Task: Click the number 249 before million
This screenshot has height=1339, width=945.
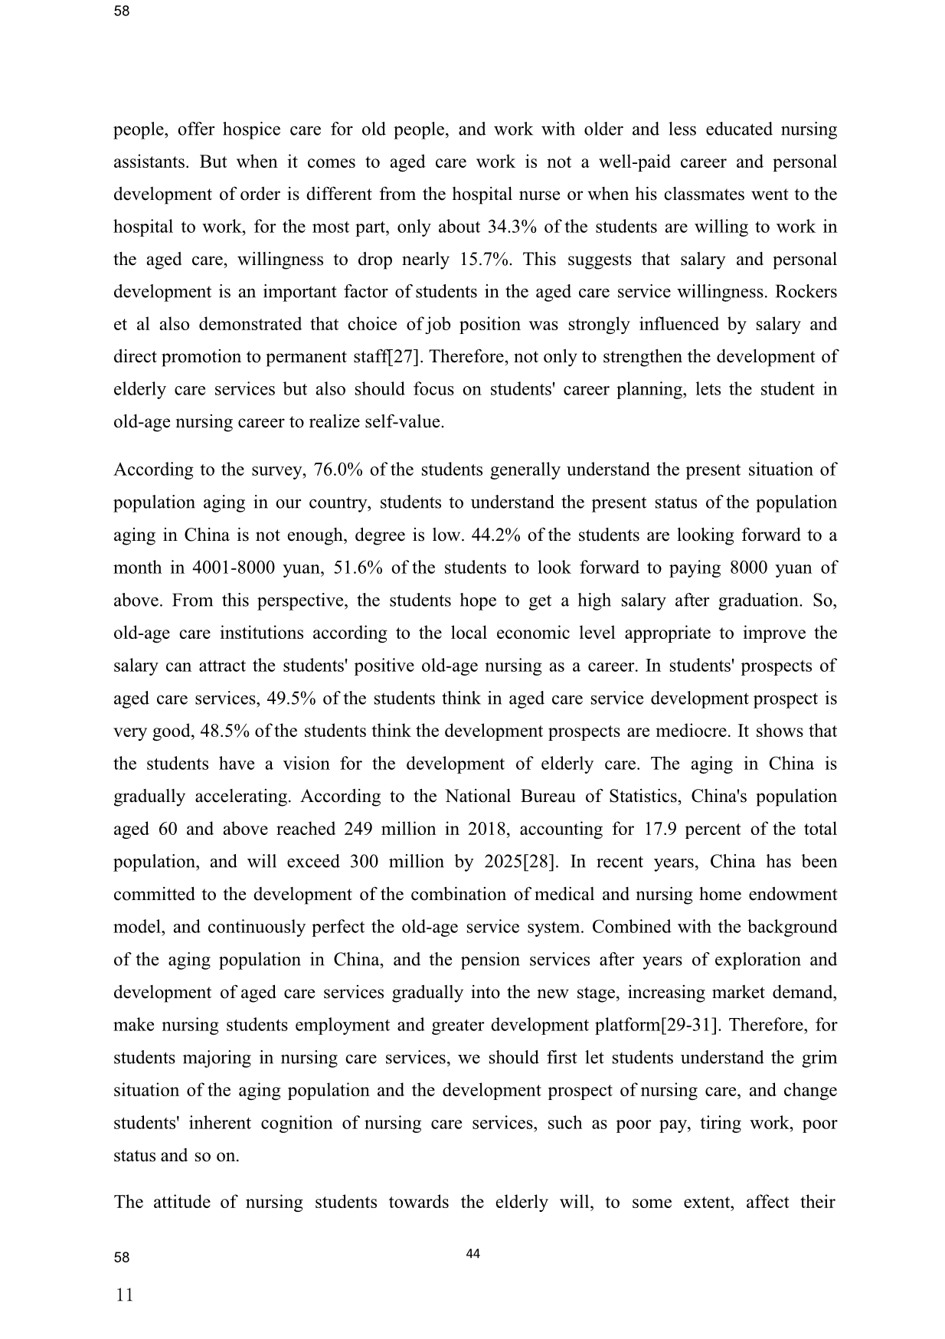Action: point(358,830)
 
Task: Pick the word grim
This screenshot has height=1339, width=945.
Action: point(819,1059)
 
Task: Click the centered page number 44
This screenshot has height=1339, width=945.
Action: point(472,1254)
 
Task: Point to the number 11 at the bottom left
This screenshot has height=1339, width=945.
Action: point(123,1295)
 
